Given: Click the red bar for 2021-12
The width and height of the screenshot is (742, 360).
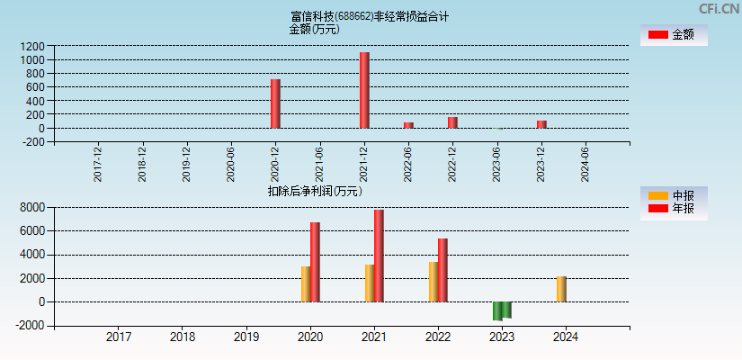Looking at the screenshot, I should [364, 90].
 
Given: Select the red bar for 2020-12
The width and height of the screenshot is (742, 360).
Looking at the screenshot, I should [275, 103].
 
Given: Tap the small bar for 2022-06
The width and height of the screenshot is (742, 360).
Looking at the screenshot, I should [408, 125].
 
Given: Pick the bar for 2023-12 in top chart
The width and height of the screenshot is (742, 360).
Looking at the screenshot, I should [541, 124].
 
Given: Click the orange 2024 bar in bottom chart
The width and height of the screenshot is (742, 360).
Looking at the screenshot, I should [561, 289].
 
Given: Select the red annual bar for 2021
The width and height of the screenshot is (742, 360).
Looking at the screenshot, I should [379, 256].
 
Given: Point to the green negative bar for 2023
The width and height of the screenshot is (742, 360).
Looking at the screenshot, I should [502, 310].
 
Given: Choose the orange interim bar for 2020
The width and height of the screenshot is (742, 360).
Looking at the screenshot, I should [306, 283].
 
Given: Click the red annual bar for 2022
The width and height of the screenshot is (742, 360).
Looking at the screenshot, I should [443, 270].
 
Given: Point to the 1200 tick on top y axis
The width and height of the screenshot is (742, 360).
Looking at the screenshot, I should [32, 46].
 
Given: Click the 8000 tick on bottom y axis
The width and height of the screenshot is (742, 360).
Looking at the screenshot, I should [32, 208].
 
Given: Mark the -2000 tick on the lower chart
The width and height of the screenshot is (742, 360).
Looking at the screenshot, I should [31, 326].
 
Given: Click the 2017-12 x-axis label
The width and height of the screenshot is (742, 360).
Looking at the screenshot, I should [98, 164].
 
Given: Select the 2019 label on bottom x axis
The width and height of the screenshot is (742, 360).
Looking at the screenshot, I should [246, 337].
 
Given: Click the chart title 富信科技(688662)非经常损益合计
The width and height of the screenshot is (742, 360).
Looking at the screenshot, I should [370, 16].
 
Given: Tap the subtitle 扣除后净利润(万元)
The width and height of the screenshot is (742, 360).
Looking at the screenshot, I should [315, 191].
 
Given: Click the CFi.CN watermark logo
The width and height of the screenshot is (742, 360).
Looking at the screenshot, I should [719, 9].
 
